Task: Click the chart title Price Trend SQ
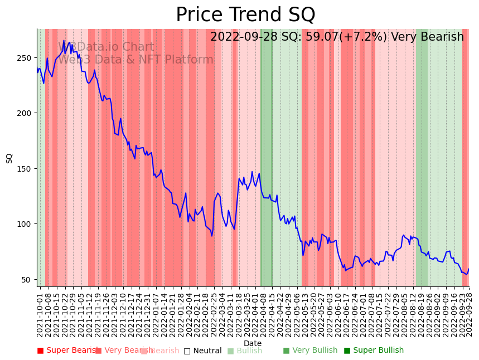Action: coord(245,15)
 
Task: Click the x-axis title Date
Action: coord(253,343)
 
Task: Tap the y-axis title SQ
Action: coord(9,158)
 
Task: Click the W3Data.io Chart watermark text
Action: coord(106,47)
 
